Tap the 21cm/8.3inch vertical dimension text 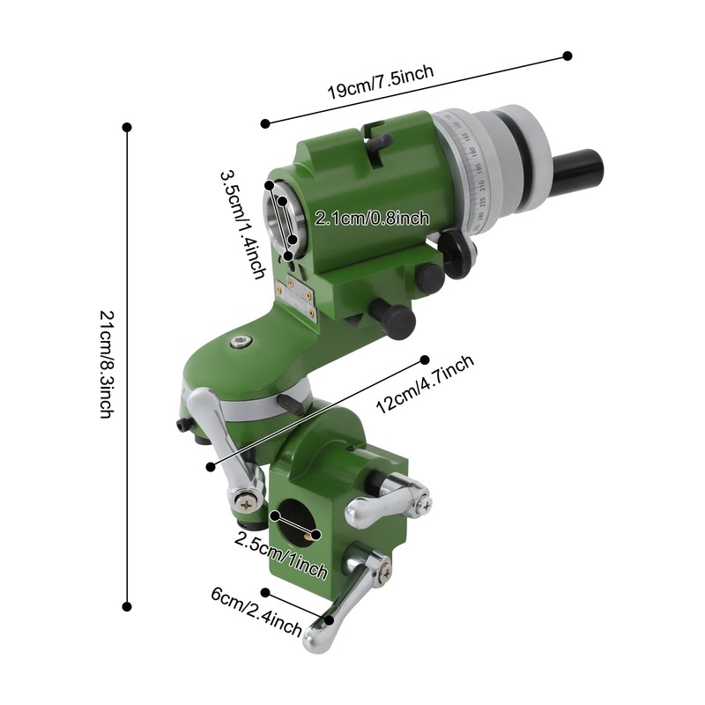106,365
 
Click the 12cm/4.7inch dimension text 426,384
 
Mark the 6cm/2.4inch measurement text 256,613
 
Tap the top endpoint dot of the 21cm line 127,127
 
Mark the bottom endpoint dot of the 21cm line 127,606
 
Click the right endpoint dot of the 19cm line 568,56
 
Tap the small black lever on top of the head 381,140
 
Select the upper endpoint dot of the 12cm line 425,360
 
